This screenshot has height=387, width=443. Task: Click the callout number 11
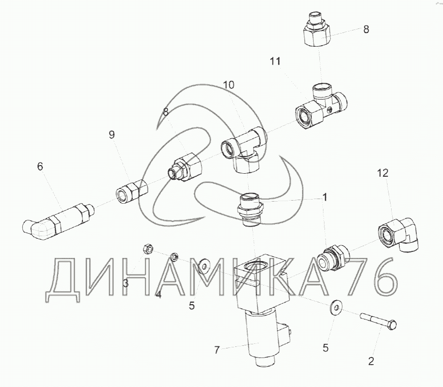click(275, 61)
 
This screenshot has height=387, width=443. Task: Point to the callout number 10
click(229, 85)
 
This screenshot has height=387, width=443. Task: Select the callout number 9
click(112, 135)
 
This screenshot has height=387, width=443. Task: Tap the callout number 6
click(40, 167)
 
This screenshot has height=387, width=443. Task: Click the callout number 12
click(383, 173)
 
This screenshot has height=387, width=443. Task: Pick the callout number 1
click(325, 197)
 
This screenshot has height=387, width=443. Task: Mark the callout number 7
click(217, 350)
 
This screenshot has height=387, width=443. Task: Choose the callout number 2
click(371, 361)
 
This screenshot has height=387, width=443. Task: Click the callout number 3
click(126, 283)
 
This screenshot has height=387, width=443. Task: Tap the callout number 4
click(159, 295)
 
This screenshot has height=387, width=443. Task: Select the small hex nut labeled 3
click(148, 249)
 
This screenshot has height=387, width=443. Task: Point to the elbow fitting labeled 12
click(398, 234)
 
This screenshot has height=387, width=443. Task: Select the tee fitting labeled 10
click(244, 149)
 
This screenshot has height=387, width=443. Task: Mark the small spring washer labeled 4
click(174, 256)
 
